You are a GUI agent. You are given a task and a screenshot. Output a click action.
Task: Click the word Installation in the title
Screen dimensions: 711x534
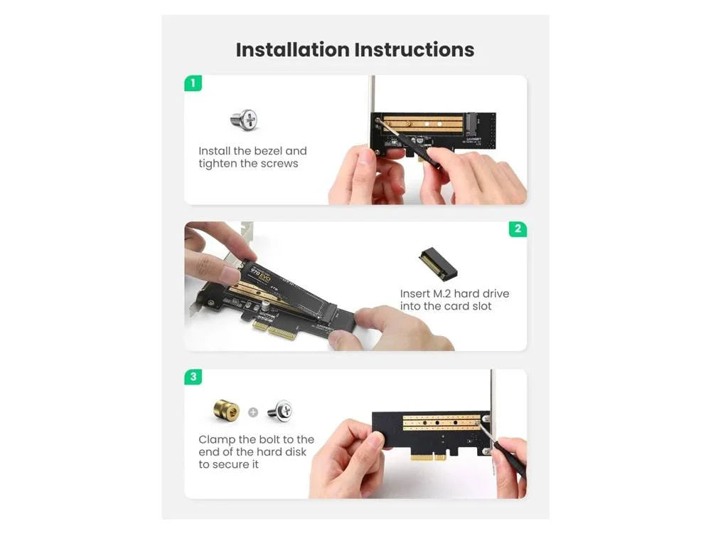pos(292,50)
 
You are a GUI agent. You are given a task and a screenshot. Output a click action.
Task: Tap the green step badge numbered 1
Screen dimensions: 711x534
pos(193,83)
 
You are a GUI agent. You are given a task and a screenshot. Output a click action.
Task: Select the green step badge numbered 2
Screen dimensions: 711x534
pos(518,229)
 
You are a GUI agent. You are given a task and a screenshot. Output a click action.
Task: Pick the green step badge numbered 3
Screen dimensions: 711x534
pos(193,377)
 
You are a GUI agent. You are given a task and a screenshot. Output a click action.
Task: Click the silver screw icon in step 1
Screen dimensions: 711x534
pos(245,120)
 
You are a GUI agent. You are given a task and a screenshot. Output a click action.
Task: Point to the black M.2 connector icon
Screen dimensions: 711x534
pos(438,263)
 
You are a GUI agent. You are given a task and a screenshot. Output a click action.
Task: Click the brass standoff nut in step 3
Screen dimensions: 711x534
pos(226,410)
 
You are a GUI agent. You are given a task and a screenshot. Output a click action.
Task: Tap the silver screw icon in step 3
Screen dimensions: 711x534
pos(279,412)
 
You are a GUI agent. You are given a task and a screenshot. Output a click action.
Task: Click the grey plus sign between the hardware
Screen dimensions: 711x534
pos(253,412)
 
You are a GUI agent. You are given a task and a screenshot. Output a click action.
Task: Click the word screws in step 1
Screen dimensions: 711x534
pos(280,164)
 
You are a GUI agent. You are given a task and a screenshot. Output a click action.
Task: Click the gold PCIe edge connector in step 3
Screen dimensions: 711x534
pos(429,456)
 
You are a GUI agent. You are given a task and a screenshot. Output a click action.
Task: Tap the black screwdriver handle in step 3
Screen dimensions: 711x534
pos(510,459)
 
